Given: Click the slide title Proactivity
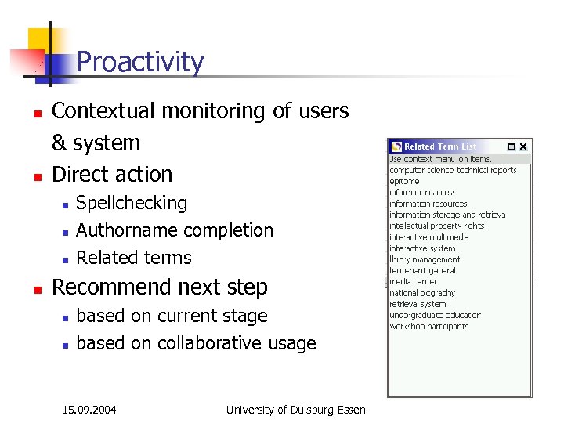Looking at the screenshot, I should tap(140, 62).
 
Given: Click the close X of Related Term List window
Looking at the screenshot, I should tap(524, 146).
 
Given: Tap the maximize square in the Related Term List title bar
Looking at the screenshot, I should tap(511, 146).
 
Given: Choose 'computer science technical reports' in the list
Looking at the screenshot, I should tap(453, 170).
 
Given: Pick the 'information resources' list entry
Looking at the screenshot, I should tap(428, 204).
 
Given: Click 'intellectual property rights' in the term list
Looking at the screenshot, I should tap(437, 226).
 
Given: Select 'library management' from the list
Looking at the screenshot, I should tap(425, 259).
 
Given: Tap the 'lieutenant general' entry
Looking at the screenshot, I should tap(424, 270).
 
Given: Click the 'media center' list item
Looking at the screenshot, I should tap(413, 281).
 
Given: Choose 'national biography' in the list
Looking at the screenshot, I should tap(422, 293).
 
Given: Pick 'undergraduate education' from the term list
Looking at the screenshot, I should tap(435, 315).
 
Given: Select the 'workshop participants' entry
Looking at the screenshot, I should tap(428, 326).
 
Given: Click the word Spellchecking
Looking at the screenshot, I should tap(132, 203).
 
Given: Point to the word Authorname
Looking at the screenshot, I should tap(121, 230).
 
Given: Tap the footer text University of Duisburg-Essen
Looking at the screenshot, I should tap(295, 409).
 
